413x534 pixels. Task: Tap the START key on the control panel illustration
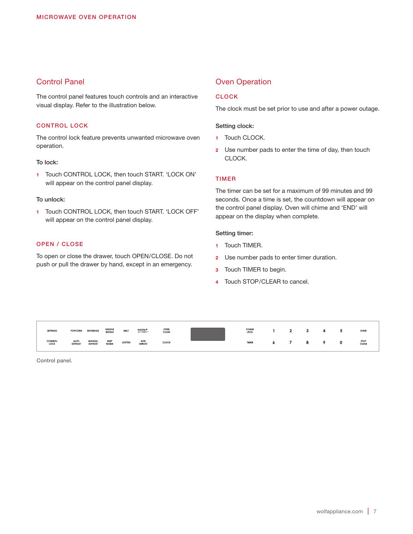(363, 331)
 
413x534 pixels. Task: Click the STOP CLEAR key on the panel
(363, 342)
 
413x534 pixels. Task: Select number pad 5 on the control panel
(341, 331)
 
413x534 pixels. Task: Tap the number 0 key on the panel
(341, 342)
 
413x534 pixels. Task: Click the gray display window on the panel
(208, 334)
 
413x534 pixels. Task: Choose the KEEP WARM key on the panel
(110, 342)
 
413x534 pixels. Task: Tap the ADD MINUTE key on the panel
(143, 342)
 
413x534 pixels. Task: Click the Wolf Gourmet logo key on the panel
(143, 331)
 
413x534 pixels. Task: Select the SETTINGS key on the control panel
(52, 331)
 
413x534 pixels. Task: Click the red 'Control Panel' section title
(60, 82)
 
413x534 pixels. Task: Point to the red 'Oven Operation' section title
(243, 82)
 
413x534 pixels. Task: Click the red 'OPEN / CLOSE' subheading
(60, 244)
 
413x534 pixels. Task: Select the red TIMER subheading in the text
(226, 179)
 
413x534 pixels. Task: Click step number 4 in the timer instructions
(217, 282)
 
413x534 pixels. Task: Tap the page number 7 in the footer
(375, 512)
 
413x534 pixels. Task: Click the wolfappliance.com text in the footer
(339, 512)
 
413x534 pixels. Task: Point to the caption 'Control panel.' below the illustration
(54, 361)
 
